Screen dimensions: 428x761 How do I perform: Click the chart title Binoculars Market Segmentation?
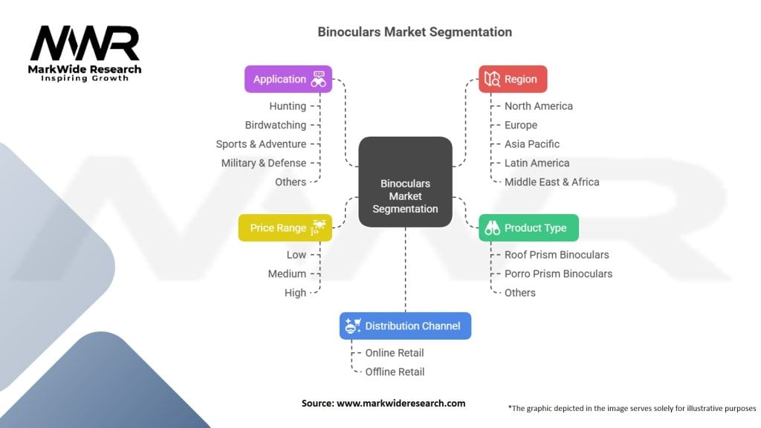click(x=414, y=32)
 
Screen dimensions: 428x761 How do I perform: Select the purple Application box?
click(x=288, y=79)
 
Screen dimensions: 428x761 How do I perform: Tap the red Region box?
click(x=512, y=79)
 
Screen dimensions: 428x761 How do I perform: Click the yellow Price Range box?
click(x=285, y=227)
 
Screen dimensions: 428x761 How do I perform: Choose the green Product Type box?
click(x=528, y=227)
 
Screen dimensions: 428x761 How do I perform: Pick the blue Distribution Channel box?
click(x=405, y=325)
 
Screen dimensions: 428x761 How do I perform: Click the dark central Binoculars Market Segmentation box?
click(x=405, y=195)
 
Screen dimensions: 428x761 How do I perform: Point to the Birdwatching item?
click(x=276, y=125)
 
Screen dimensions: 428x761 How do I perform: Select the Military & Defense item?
click(x=264, y=163)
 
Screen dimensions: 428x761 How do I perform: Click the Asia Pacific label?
click(x=532, y=143)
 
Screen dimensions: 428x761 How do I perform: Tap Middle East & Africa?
click(x=551, y=181)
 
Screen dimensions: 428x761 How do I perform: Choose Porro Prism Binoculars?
click(x=558, y=273)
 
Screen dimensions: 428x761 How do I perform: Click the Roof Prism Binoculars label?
click(x=557, y=254)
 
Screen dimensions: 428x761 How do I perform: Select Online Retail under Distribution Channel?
click(x=395, y=352)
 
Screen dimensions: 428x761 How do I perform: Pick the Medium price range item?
click(x=288, y=273)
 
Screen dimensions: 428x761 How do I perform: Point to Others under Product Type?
click(x=520, y=292)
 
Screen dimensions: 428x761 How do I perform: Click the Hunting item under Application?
click(x=288, y=106)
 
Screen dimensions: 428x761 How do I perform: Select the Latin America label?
click(x=537, y=163)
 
